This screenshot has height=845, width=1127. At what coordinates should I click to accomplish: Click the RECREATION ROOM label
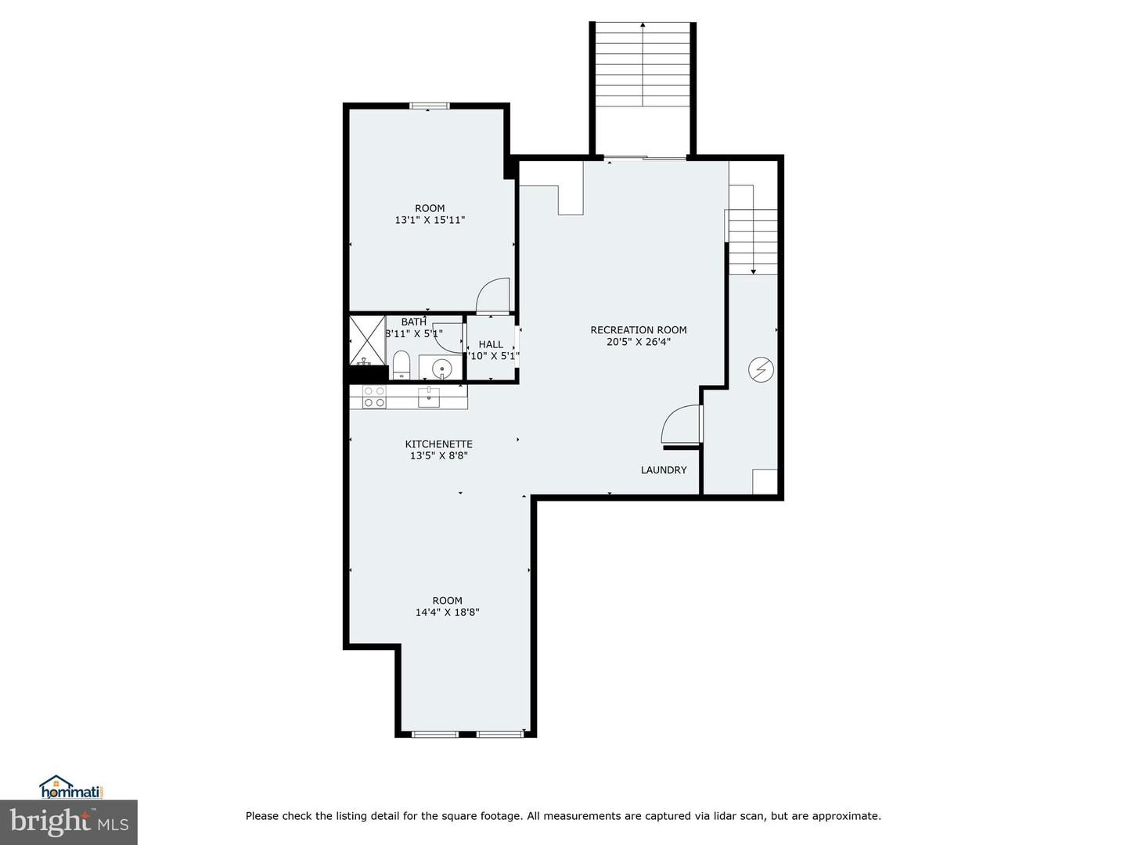click(x=638, y=330)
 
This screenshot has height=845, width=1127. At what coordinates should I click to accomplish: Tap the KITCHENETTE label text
click(x=438, y=444)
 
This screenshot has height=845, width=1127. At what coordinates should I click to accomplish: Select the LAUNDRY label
click(x=663, y=470)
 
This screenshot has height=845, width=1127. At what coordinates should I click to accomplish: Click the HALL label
click(x=491, y=344)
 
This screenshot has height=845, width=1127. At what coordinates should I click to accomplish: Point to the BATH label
click(x=413, y=322)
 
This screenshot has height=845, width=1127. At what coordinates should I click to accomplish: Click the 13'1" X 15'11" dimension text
click(x=430, y=221)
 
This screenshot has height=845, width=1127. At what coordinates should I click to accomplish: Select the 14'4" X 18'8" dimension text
click(x=447, y=613)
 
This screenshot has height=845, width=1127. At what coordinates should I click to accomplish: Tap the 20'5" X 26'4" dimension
click(x=638, y=342)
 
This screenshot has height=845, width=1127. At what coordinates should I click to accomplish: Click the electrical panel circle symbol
click(x=761, y=369)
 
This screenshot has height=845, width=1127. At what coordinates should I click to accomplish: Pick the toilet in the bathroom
click(x=401, y=364)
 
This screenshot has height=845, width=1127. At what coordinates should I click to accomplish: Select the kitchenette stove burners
click(x=374, y=397)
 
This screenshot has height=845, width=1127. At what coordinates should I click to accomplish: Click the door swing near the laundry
click(x=679, y=425)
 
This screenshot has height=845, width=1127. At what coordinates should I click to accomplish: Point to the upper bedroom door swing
click(x=494, y=296)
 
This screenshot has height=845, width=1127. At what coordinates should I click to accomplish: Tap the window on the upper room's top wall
click(x=430, y=106)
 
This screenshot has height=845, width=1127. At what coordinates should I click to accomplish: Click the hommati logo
click(x=71, y=787)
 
